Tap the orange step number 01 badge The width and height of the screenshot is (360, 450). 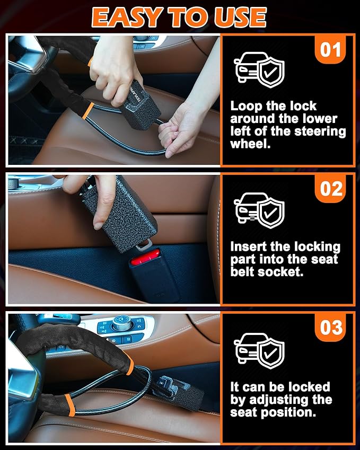coord(331,50)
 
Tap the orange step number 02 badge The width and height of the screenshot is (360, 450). coord(331,189)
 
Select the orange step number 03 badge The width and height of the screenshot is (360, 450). coord(331,327)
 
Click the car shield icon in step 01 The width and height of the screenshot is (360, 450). coord(259,71)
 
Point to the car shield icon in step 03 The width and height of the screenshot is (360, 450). coord(259,350)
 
